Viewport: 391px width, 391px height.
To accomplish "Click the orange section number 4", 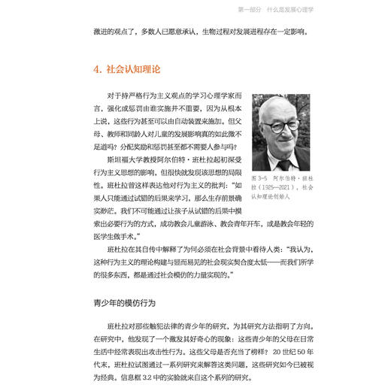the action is [98, 69].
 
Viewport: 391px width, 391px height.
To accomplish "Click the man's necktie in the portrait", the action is [283, 162].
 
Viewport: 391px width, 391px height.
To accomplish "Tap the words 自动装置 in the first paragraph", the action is [202, 119].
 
